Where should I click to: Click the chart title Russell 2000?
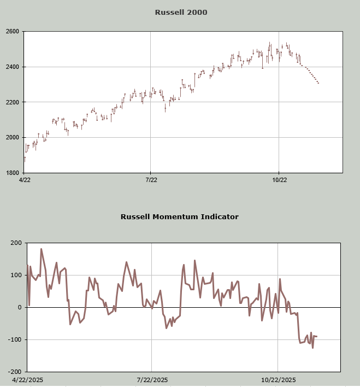pos(181,12)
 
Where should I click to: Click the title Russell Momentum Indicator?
pos(180,216)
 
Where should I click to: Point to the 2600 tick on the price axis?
pos(13,32)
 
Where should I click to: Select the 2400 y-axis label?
pos(13,67)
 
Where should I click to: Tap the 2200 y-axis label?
pos(13,102)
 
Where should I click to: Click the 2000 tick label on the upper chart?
pos(13,137)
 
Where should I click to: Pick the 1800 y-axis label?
pos(13,173)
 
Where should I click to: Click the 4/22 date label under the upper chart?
pos(25,179)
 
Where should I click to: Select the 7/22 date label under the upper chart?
pos(151,179)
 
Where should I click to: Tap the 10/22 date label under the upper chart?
pos(279,179)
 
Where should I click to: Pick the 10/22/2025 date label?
pos(279,380)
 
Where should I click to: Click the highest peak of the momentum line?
pos(41,249)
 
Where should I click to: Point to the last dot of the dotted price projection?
pos(318,83)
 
